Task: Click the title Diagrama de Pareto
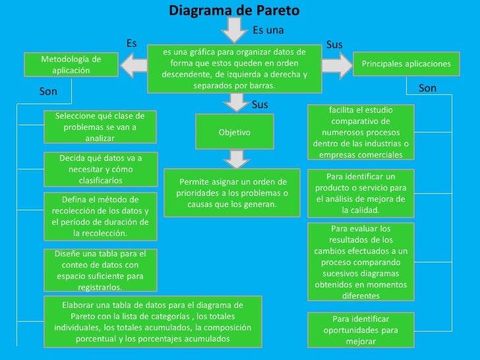click(x=234, y=11)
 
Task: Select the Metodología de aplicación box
click(x=71, y=65)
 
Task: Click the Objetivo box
click(x=234, y=133)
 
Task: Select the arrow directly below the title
click(x=234, y=30)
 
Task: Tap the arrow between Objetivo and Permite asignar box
click(x=234, y=160)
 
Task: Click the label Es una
click(x=268, y=30)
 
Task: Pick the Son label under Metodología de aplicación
click(x=48, y=92)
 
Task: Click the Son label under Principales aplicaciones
click(x=427, y=88)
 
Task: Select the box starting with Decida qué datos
click(x=100, y=169)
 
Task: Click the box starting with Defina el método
click(x=100, y=216)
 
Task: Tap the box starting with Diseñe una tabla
click(x=100, y=270)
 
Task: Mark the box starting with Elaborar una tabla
click(x=152, y=322)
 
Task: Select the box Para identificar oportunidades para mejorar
click(x=361, y=330)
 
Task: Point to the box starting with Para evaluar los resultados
click(x=361, y=261)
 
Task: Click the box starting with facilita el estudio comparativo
click(x=361, y=132)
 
